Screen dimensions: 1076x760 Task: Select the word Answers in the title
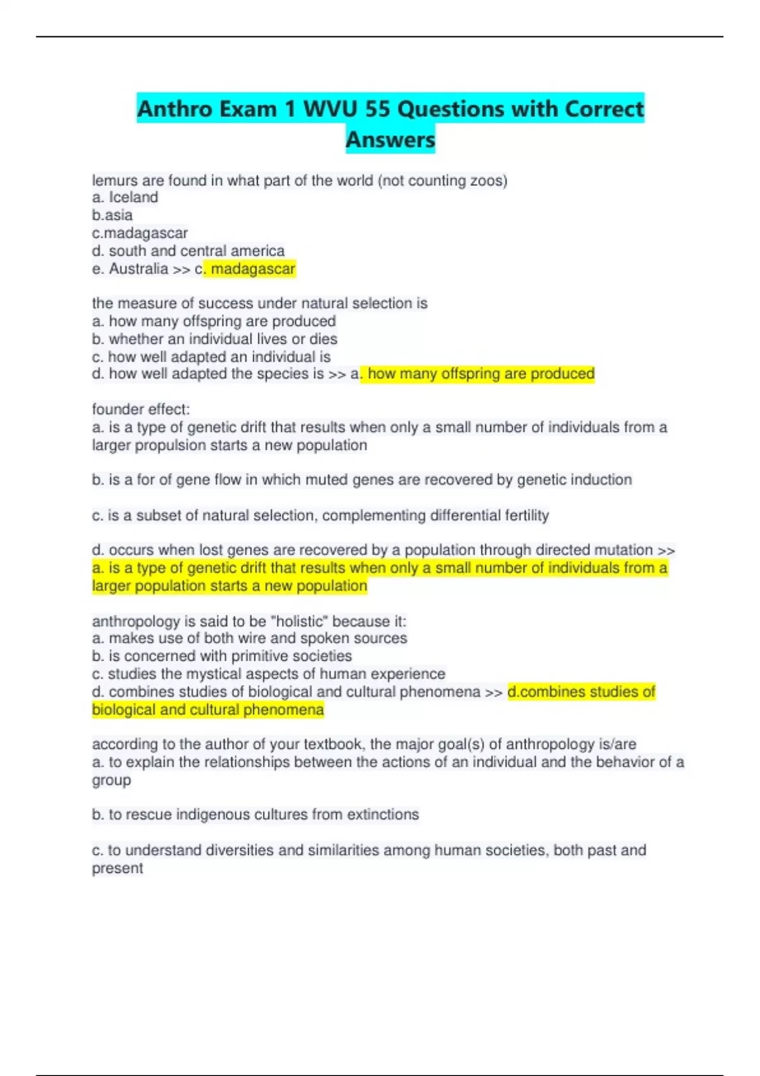(x=390, y=139)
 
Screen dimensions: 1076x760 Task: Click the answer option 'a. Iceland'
(x=125, y=197)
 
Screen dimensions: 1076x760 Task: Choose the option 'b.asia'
(x=112, y=215)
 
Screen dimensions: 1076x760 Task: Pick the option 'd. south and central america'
(x=188, y=251)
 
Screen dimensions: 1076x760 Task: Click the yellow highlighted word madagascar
(x=253, y=269)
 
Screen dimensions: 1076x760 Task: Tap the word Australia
(x=138, y=269)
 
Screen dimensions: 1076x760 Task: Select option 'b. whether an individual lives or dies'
(x=214, y=339)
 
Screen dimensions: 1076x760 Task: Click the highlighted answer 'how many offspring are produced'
(x=481, y=374)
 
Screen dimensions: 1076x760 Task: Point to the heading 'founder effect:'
(x=141, y=410)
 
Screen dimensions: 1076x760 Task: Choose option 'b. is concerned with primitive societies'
(x=222, y=656)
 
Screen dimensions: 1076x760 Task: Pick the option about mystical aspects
(x=269, y=673)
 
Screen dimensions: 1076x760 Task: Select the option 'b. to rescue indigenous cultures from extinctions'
(x=255, y=815)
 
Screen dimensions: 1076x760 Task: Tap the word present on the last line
(x=117, y=868)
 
